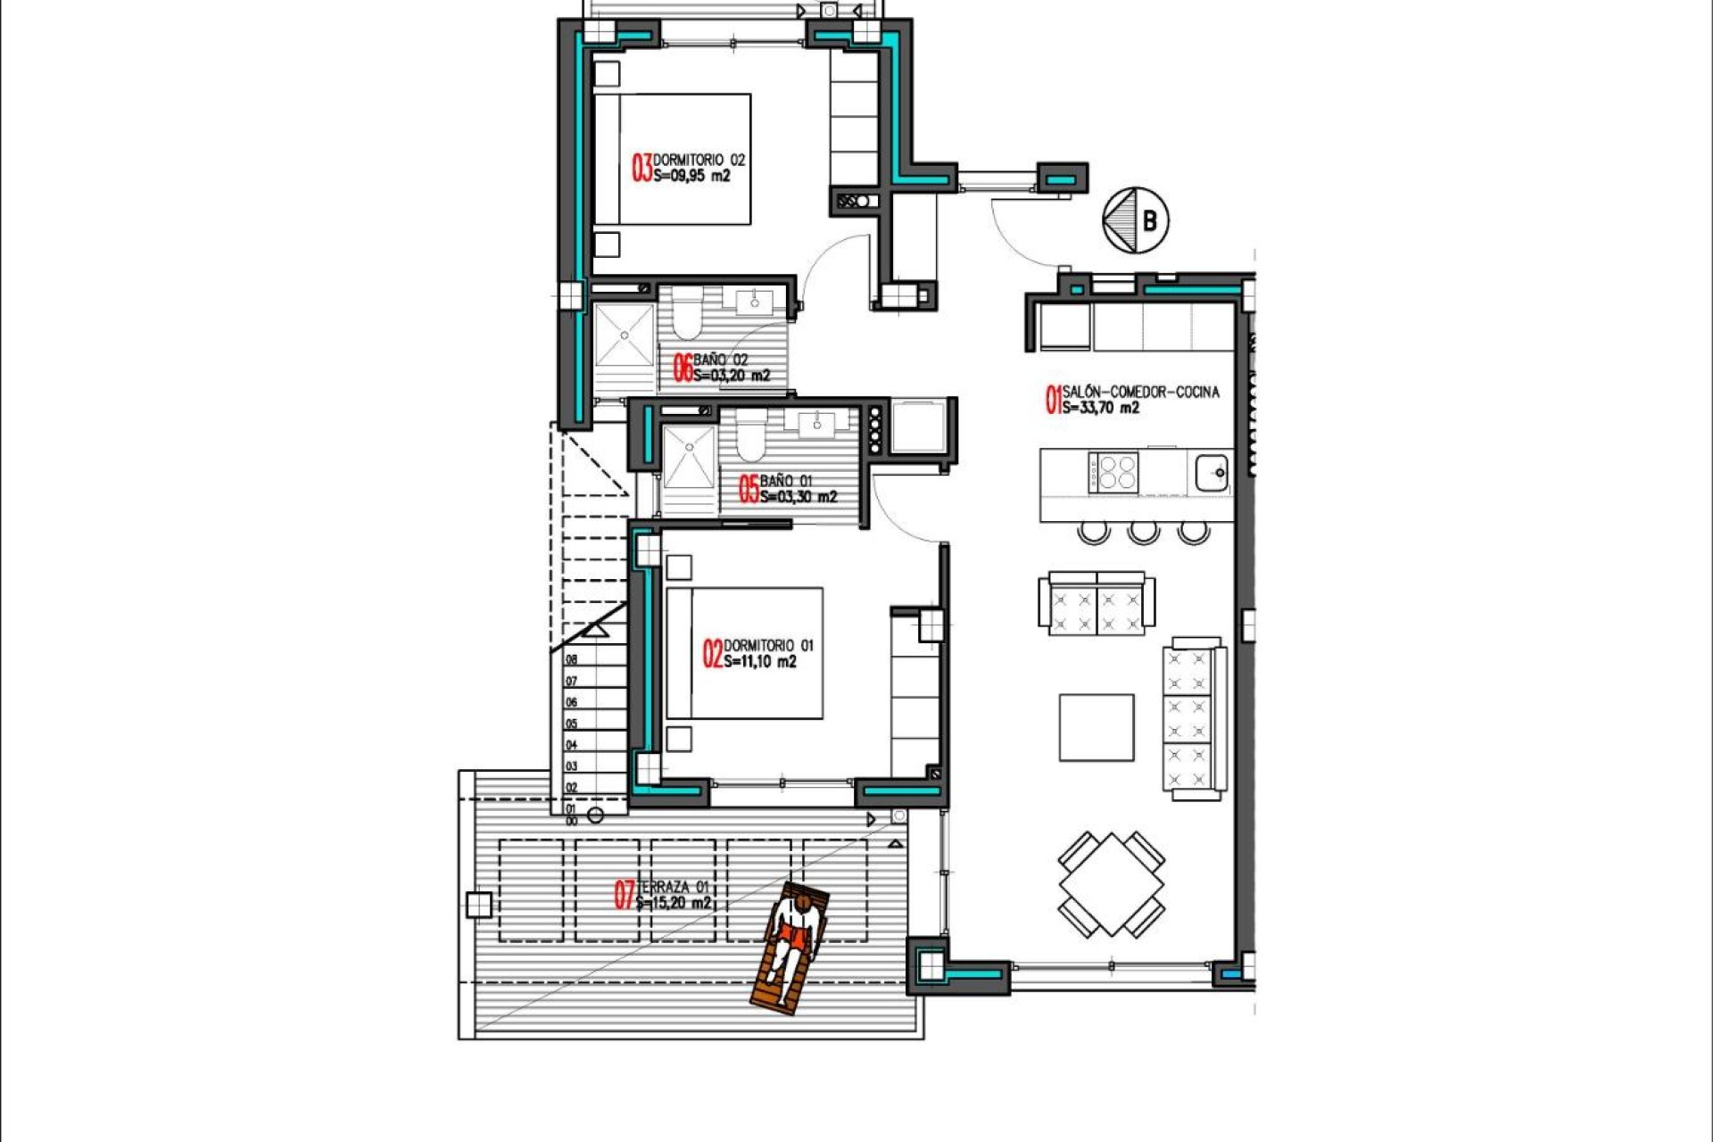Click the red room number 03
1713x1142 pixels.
[x=641, y=168]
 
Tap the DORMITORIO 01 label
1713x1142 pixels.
[x=768, y=645]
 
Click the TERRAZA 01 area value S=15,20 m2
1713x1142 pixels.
[x=674, y=903]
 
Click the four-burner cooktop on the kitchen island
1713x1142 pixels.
[x=1113, y=472]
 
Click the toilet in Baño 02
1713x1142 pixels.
[x=687, y=319]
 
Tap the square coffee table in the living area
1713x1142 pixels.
[x=1096, y=728]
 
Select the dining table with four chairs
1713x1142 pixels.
[x=1112, y=884]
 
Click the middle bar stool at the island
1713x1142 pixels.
[x=1143, y=533]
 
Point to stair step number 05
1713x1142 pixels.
[x=572, y=724]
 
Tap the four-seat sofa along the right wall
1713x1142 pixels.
[x=1193, y=719]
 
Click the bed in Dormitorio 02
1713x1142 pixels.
[x=673, y=159]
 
